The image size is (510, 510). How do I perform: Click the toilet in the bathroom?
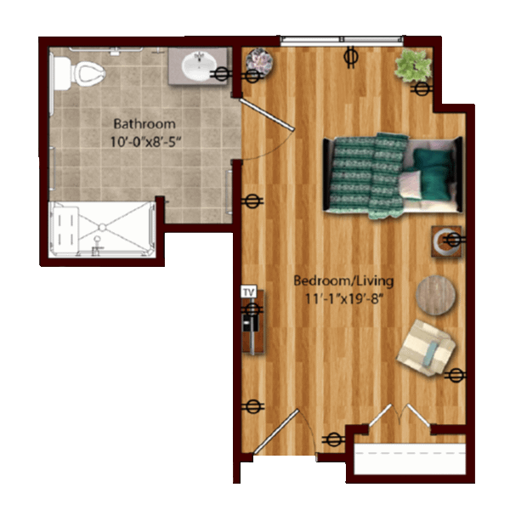[79, 73]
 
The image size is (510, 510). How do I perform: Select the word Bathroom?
[144, 124]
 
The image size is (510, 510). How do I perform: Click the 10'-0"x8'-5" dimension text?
[145, 142]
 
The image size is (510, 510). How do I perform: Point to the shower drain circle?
[102, 227]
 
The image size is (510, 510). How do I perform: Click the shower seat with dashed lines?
[66, 230]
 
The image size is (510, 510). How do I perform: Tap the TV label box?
[248, 292]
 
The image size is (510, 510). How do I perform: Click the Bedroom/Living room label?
[343, 280]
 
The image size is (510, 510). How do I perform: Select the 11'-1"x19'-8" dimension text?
[343, 298]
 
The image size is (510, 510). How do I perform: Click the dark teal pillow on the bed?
[433, 174]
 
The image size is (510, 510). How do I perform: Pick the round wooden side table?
[435, 295]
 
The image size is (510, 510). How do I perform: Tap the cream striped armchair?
[427, 348]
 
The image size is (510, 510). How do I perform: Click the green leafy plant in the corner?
[413, 65]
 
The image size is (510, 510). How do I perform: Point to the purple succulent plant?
[259, 62]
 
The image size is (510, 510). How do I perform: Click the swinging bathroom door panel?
[267, 115]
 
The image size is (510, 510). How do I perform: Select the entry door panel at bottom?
[275, 431]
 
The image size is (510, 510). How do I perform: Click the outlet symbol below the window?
[351, 57]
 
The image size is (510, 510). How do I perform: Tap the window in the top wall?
[342, 40]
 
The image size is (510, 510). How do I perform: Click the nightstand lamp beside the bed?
[446, 241]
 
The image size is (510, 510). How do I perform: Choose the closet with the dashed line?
[410, 459]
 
